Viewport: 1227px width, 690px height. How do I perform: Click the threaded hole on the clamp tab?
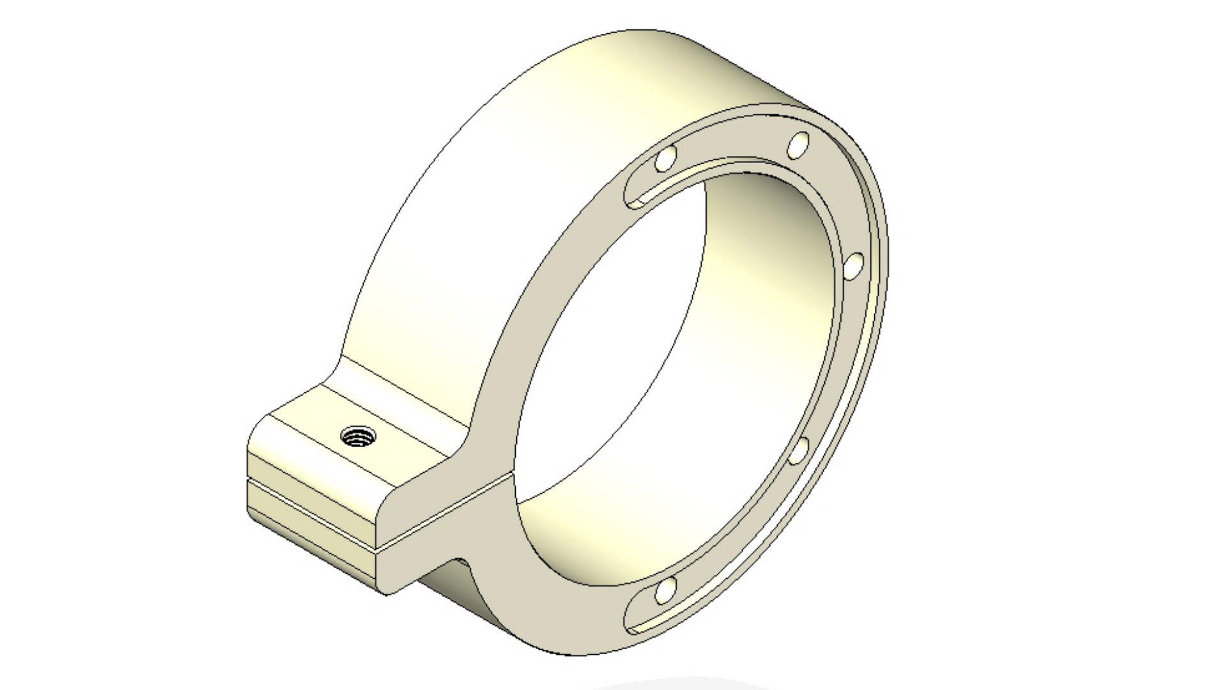358,438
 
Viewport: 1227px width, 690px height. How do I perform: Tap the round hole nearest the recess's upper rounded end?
666,158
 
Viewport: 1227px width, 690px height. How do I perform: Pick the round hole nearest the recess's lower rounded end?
665,590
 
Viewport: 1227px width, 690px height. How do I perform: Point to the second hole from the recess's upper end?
798,146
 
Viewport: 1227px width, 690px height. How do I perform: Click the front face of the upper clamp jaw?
447,486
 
